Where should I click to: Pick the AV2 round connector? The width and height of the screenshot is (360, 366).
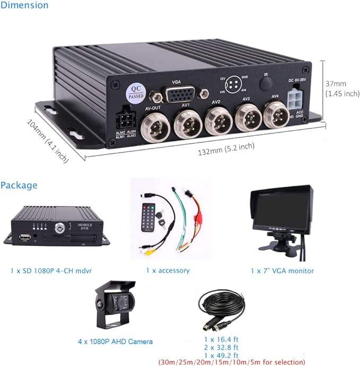[x=217, y=120]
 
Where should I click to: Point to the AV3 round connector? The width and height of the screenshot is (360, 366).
[x=245, y=116]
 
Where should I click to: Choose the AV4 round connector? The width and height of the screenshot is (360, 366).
[x=274, y=114]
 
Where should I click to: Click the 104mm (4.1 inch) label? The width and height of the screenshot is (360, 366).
[x=48, y=140]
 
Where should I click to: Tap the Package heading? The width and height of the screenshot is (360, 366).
[x=19, y=185]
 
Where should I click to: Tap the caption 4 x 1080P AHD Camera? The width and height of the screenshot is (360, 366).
[x=115, y=341]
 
